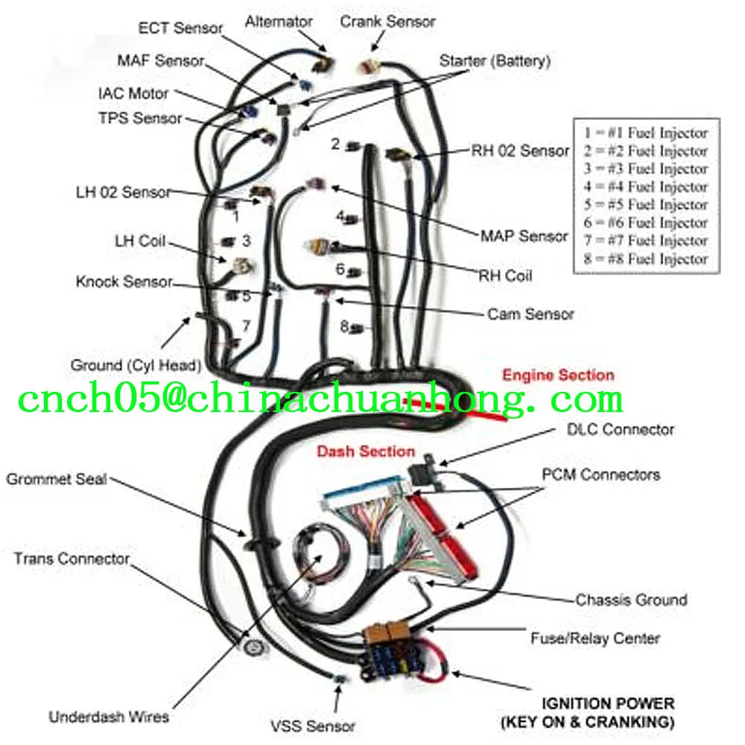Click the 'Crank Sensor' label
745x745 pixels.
[387, 21]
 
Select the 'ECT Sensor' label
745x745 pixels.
[180, 28]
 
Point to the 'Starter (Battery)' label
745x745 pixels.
[495, 61]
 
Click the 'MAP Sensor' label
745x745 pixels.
[524, 236]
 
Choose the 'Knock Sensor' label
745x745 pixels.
[124, 282]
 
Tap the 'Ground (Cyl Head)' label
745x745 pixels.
[136, 365]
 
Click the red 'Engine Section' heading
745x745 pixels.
[558, 375]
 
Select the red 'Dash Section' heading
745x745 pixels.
[366, 451]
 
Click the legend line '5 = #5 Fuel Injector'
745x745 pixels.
[645, 205]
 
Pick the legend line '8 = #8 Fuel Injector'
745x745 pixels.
[645, 259]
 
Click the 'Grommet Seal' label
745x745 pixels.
[57, 479]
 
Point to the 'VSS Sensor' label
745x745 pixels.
[312, 725]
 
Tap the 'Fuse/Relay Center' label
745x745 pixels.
[595, 638]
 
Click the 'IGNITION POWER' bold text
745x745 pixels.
[608, 703]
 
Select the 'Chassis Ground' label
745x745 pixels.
[631, 600]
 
